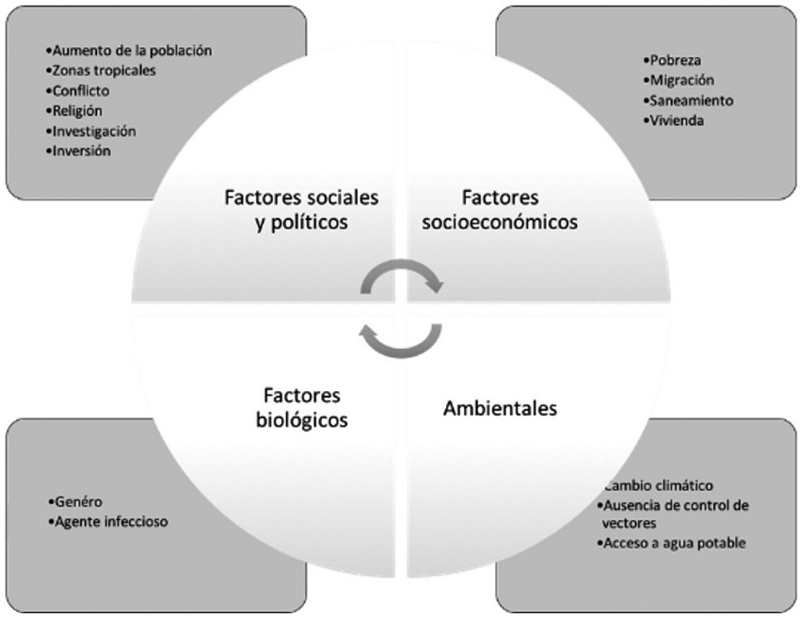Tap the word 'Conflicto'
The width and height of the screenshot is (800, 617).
[82, 91]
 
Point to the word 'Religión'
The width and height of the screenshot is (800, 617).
[78, 111]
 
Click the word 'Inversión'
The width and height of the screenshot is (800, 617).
[83, 150]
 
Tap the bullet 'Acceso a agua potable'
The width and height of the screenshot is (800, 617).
[673, 543]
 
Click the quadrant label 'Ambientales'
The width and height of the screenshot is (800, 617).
[500, 409]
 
